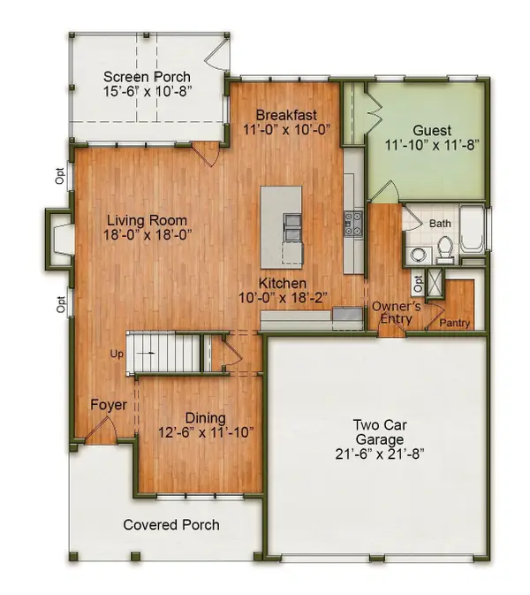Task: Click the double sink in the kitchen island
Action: (291, 227)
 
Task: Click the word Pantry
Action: (454, 323)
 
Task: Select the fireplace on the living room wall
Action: (58, 239)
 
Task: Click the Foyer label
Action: (109, 405)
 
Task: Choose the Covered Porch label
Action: (171, 525)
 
